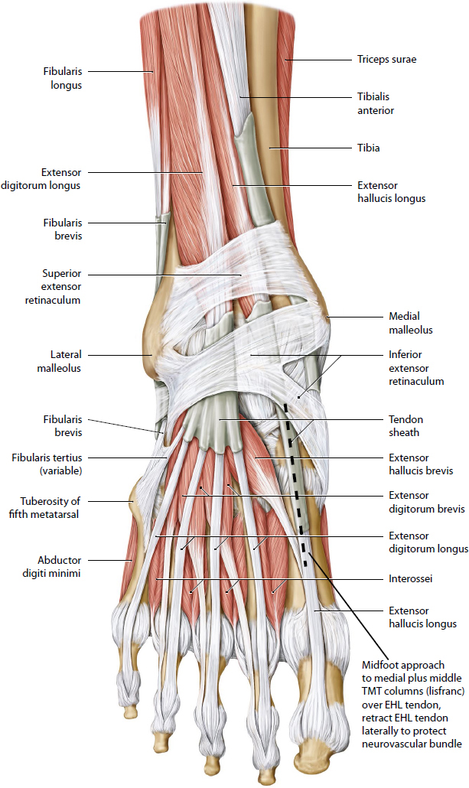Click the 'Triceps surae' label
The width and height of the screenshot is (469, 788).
click(386, 59)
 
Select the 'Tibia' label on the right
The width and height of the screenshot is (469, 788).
click(368, 148)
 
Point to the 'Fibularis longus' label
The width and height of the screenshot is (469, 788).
click(62, 78)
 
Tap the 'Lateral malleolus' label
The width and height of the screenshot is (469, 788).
click(63, 361)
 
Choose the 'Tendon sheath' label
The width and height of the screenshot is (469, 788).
click(405, 426)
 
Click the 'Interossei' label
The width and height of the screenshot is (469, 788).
click(411, 579)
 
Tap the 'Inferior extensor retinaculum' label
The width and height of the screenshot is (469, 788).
click(416, 368)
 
